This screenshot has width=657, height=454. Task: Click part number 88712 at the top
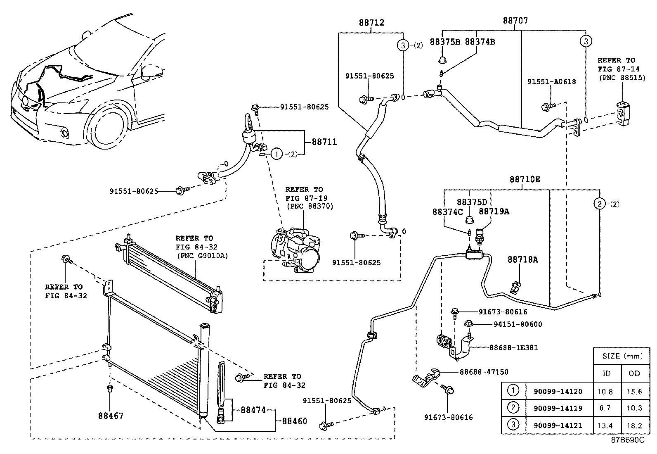(371, 22)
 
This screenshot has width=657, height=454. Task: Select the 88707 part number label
(515, 20)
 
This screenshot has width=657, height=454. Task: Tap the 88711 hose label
(324, 142)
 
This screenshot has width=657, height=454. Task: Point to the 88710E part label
(525, 179)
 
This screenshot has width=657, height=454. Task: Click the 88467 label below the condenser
(110, 416)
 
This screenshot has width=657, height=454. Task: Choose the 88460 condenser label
(295, 421)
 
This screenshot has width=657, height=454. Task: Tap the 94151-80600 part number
(518, 324)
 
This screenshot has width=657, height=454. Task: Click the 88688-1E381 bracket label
(513, 347)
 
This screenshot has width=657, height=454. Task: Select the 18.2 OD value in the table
(634, 425)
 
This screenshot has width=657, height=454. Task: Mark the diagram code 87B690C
(627, 440)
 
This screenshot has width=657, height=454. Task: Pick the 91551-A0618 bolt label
(551, 82)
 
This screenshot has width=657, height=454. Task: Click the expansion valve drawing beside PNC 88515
(622, 111)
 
